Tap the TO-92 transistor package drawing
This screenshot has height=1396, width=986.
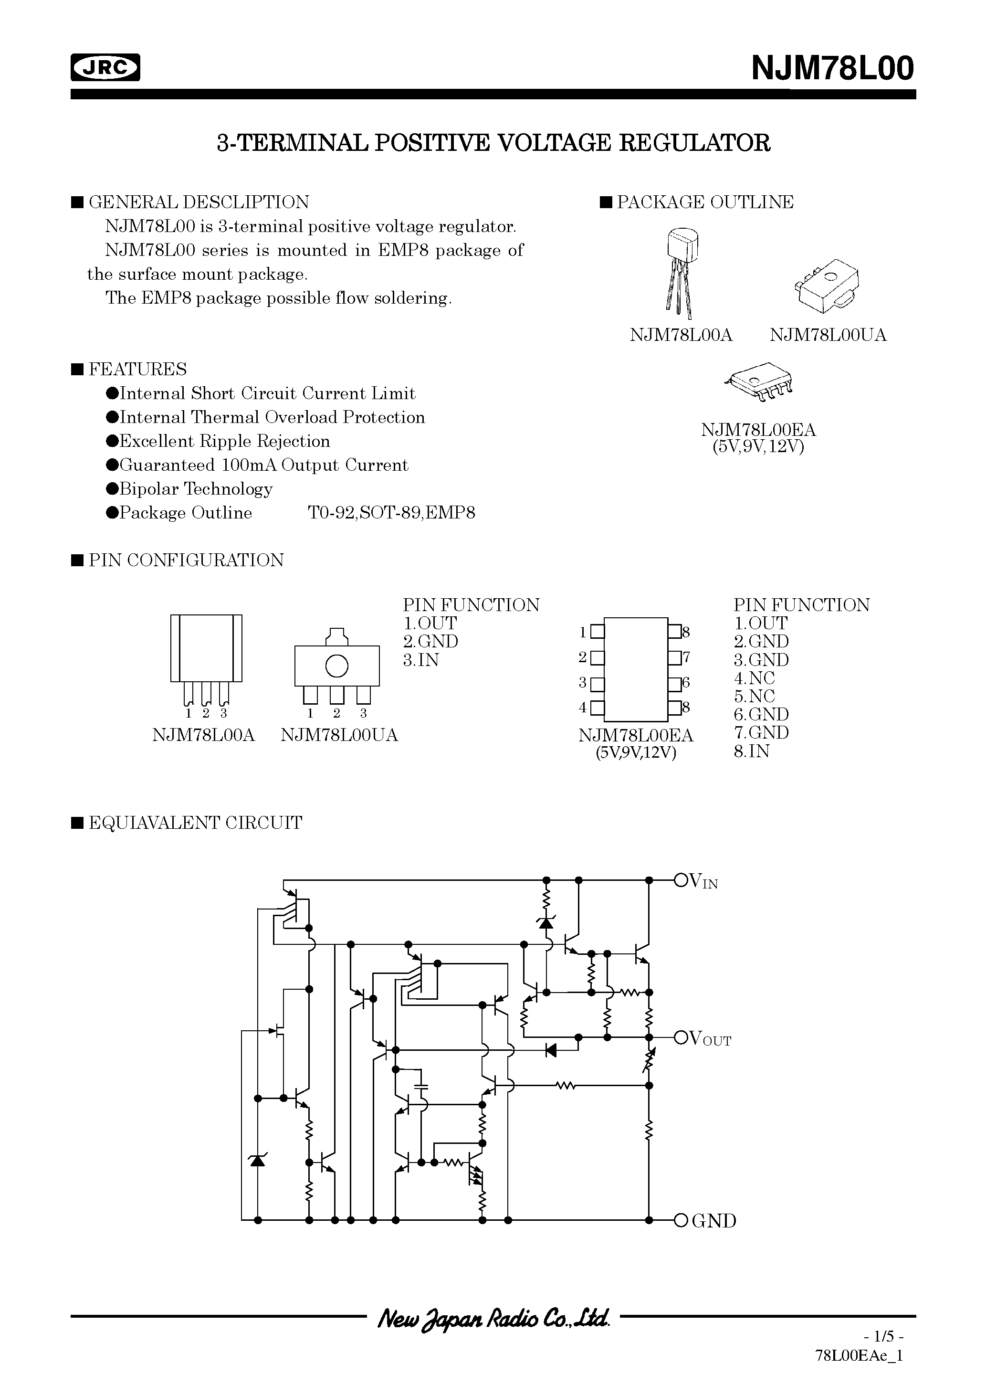click(x=682, y=271)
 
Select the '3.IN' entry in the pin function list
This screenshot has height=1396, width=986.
click(x=420, y=660)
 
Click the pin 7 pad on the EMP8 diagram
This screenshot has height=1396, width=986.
click(x=674, y=657)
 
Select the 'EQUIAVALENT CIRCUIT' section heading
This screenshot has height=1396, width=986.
click(x=195, y=823)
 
